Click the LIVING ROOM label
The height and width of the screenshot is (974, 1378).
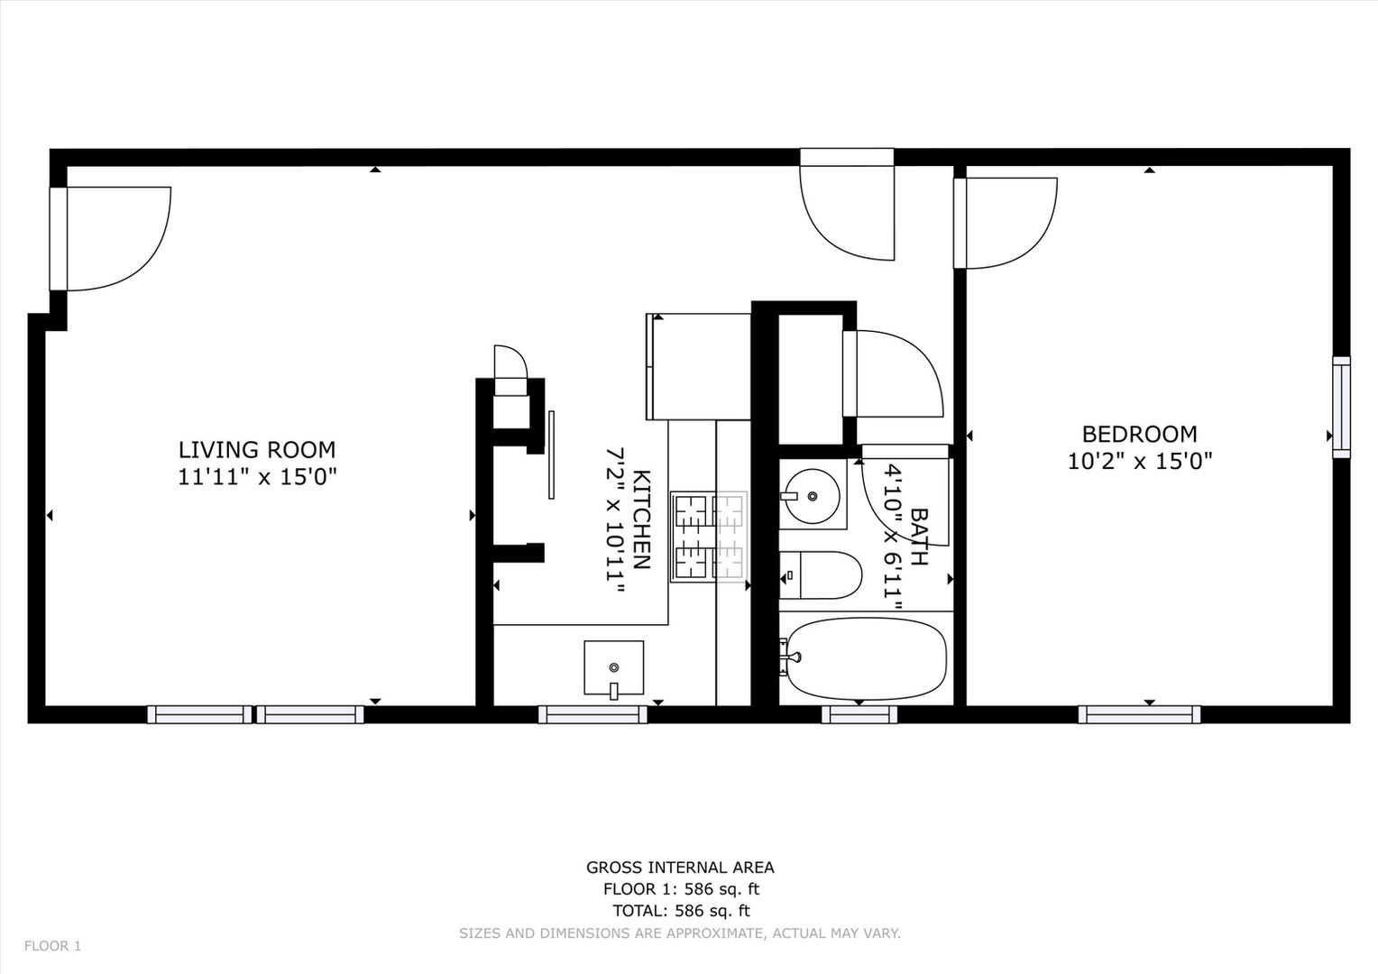256,449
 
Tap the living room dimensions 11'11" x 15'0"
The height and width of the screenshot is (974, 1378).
256,477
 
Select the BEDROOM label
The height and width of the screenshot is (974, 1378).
1139,434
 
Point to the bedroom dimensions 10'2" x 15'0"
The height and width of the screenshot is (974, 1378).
1139,462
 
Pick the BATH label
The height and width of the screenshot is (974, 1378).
919,537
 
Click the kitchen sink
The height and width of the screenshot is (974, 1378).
613,668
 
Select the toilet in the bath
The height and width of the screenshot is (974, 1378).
820,575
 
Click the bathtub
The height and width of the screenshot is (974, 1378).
864,658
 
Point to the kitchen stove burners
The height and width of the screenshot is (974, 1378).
708,536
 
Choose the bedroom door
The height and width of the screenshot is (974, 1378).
1006,223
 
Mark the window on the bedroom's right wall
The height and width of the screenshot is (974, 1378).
1341,408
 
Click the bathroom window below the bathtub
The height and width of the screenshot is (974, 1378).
859,714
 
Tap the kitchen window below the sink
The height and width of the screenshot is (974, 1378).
593,714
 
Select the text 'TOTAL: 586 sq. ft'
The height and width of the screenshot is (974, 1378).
680,911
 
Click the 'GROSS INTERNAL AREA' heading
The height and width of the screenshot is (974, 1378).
680,868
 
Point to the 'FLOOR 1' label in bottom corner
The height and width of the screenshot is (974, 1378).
52,946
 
